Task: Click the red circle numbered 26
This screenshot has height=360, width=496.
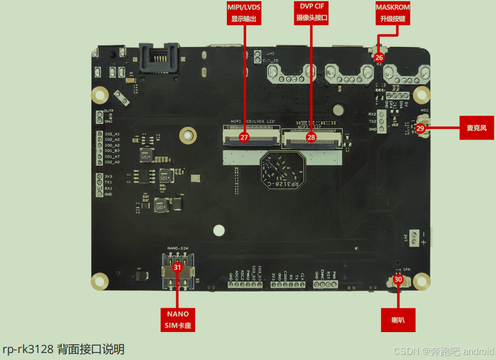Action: (379, 58)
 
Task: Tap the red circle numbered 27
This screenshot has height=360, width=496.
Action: (244, 138)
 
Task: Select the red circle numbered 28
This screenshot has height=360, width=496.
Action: (311, 138)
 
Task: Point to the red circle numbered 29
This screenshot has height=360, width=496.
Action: (420, 128)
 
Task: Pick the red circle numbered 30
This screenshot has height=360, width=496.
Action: (398, 279)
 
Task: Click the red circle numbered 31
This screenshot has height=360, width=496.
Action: (177, 268)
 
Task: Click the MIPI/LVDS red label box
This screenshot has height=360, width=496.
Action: (243, 12)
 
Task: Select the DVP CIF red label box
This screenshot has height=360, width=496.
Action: (312, 12)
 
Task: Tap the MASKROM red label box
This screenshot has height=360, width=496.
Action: (392, 12)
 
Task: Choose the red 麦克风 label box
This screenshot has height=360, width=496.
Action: (476, 127)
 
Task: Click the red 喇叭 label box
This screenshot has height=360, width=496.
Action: (398, 319)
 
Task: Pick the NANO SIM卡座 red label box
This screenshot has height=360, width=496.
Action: (178, 319)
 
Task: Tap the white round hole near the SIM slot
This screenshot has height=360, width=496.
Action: (219, 230)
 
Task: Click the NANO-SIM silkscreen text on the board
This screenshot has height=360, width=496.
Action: (177, 248)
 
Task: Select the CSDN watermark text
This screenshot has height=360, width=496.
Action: (443, 351)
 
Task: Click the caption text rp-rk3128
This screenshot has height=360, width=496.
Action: (63, 349)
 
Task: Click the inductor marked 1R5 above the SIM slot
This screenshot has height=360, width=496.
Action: (160, 204)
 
